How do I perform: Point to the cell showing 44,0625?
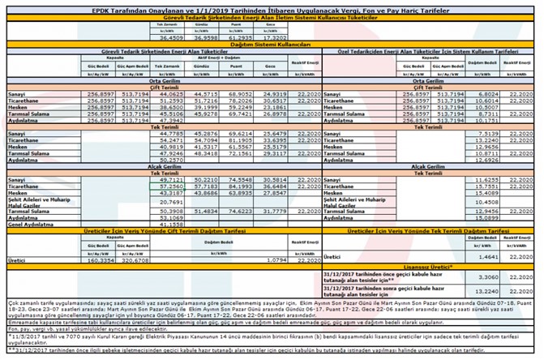tap(169, 95)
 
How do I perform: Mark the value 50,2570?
tap(169, 161)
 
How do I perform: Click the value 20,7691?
tap(169, 202)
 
